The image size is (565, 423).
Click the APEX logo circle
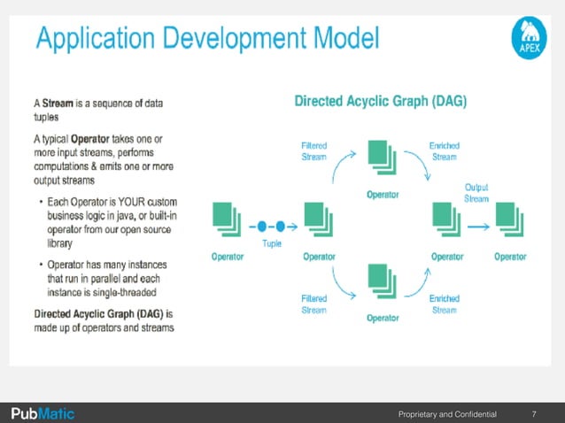tap(530, 42)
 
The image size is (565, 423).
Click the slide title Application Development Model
tap(207, 39)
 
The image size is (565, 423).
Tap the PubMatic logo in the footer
tap(43, 413)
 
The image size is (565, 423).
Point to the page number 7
tap(534, 413)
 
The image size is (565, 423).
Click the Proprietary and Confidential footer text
tap(447, 413)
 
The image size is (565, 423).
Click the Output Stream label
tap(476, 193)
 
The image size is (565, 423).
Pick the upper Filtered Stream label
tap(313, 150)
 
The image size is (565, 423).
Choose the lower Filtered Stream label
tap(313, 304)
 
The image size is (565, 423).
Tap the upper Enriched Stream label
tap(444, 150)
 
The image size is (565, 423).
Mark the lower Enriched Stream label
tap(444, 304)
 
